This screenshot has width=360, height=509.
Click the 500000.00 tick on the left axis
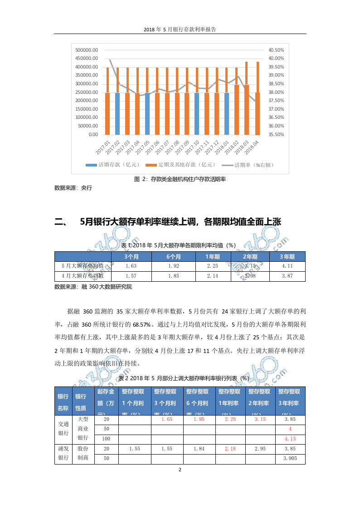pos(86,50)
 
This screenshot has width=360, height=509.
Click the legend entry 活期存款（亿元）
pos(113,165)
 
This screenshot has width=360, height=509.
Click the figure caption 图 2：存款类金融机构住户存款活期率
pos(180,179)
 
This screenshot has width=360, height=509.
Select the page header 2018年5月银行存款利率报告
pos(180,29)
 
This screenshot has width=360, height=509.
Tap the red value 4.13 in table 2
pos(290,439)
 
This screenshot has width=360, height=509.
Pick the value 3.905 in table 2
pos(290,459)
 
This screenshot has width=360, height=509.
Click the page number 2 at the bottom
pos(180,470)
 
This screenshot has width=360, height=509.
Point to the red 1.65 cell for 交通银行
pos(167,420)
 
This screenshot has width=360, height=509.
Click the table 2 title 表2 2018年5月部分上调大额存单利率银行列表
pos(184,378)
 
